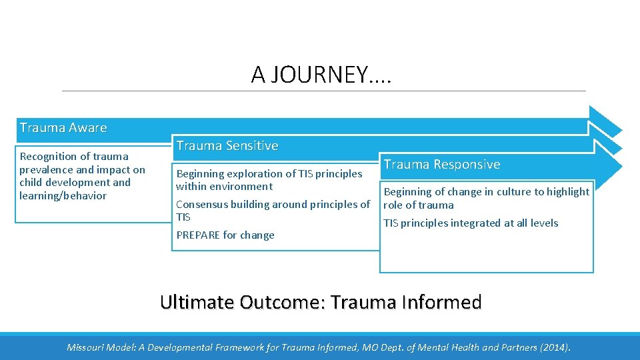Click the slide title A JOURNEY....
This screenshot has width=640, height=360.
322,75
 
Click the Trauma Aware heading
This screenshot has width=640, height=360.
63,127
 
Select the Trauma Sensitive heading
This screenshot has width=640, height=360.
227,145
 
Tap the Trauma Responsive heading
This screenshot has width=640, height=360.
441,164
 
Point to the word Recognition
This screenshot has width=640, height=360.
48,156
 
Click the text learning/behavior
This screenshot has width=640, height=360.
63,195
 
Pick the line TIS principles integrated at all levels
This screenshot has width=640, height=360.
471,223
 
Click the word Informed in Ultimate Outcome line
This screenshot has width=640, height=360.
442,302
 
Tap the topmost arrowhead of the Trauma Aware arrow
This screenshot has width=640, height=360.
605,121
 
